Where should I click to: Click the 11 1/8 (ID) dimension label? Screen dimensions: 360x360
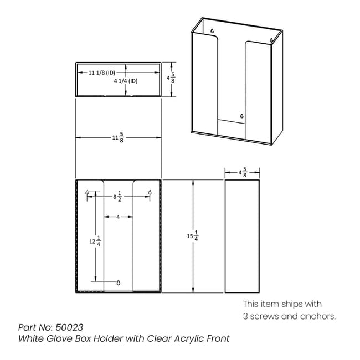coord(102,73)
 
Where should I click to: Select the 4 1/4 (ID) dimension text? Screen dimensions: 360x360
coord(126,81)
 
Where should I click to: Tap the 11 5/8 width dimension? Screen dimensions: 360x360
coord(118,137)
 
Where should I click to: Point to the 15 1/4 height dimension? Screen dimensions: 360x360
coord(193,236)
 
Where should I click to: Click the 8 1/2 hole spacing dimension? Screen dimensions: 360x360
coord(117,197)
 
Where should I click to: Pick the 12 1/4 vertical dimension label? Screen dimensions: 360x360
coord(95,241)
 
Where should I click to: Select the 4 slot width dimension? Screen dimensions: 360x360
coord(118,217)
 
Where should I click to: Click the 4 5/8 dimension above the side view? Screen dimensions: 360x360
coord(243,172)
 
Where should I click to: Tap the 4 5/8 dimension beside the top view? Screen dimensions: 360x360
coord(171,78)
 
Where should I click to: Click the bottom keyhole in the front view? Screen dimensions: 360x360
coord(119,282)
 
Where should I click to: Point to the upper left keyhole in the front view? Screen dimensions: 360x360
coord(87,192)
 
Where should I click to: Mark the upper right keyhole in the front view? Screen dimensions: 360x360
coord(150,192)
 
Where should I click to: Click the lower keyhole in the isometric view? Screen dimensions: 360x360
coord(241,116)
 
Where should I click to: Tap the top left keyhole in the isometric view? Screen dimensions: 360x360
coord(212,30)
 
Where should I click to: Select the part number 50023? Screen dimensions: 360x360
coord(69,327)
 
